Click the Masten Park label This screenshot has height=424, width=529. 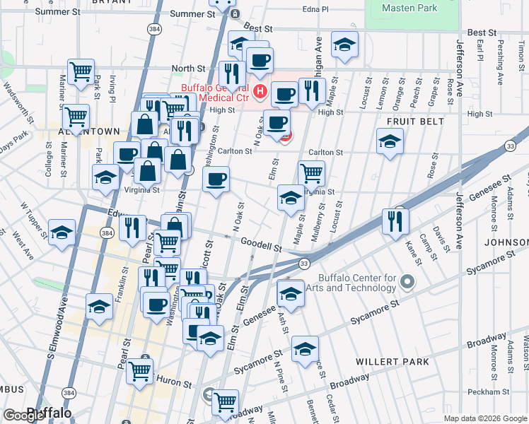(x=409, y=8)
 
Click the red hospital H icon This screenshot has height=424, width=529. (x=260, y=91)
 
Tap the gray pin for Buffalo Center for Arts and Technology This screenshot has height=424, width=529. (x=407, y=283)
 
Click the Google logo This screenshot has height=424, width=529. (x=24, y=416)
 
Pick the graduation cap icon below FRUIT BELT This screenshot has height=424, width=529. (x=390, y=141)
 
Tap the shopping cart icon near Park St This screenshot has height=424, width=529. (x=81, y=71)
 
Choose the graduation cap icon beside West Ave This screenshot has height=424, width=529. (x=62, y=232)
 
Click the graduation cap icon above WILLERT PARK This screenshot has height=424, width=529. (x=305, y=349)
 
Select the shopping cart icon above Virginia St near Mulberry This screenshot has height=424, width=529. (x=312, y=172)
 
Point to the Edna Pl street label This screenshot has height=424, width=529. (x=315, y=9)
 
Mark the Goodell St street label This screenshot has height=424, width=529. (x=261, y=245)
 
